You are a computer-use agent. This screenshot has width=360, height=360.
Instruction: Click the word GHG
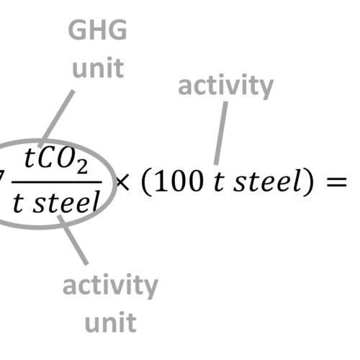97,30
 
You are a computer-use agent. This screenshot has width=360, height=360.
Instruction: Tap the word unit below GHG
98,68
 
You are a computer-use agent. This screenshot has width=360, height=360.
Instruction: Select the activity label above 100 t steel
225,86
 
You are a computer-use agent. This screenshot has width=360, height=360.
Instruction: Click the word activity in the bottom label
110,286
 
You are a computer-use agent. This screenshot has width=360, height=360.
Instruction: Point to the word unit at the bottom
111,322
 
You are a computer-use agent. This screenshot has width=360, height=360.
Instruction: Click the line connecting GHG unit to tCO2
56,119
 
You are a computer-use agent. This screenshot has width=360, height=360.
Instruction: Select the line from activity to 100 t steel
221,133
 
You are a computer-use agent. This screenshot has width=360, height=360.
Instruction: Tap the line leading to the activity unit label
73,240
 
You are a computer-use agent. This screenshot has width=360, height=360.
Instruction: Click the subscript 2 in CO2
82,166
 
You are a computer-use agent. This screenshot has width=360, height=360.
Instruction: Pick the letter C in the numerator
47,158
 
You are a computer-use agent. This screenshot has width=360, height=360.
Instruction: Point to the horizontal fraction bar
57,182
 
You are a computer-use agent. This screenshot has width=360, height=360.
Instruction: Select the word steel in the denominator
66,202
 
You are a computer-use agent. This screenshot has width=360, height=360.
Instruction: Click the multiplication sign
122,182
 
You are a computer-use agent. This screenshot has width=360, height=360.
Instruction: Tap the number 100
179,181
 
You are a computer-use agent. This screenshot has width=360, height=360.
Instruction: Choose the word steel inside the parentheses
267,181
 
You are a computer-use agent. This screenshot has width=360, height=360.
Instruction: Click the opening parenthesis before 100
147,181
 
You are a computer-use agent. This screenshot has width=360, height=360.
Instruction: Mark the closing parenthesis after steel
308,181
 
